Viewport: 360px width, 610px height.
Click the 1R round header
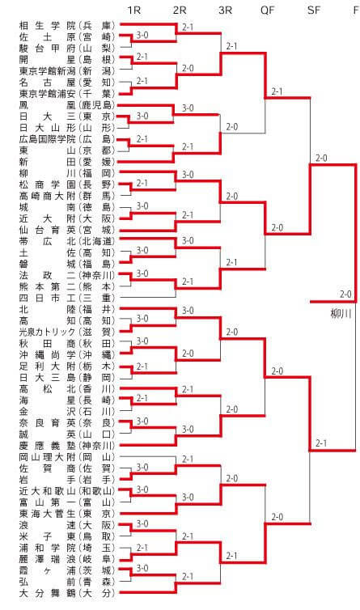tap(133, 10)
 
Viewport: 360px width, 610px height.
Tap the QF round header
tap(268, 10)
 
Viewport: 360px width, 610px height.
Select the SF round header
tap(313, 10)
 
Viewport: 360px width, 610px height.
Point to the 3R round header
tap(225, 10)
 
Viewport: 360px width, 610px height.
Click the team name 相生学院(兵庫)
tap(67, 26)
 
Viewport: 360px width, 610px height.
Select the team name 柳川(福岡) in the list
tap(67, 173)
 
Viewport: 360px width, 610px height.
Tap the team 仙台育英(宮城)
tap(67, 230)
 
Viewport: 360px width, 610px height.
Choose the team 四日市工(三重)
tap(67, 298)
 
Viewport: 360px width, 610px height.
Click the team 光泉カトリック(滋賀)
tap(67, 333)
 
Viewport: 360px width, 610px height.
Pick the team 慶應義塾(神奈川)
tap(67, 446)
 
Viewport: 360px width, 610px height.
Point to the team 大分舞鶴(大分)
tap(67, 593)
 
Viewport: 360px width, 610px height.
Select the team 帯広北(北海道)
tap(67, 241)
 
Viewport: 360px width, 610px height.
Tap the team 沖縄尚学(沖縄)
tap(67, 355)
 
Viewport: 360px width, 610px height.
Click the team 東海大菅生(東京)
tap(67, 514)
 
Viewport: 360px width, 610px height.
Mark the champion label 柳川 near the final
tap(341, 314)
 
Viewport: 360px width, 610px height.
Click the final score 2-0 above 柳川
tap(345, 294)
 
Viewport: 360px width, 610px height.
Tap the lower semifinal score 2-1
tap(321, 443)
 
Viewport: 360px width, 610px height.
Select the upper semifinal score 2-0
tap(321, 158)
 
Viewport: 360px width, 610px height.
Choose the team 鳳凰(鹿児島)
tap(67, 105)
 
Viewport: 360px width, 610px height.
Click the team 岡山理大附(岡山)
tap(67, 457)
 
